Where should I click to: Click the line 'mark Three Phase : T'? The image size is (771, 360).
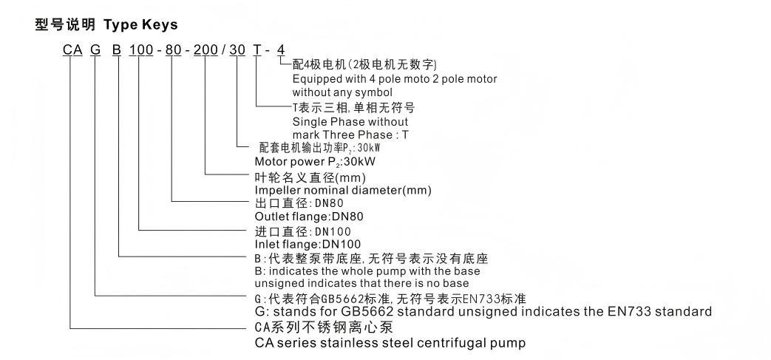350,135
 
